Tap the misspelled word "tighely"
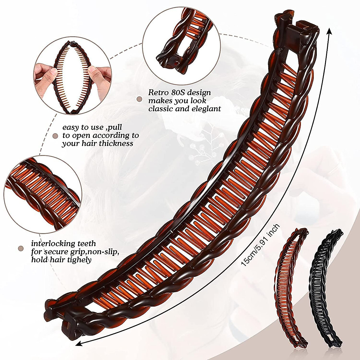tap(80, 259)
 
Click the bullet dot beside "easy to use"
tap(55, 136)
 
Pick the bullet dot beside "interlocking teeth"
tap(21, 248)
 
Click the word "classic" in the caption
tap(160, 109)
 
